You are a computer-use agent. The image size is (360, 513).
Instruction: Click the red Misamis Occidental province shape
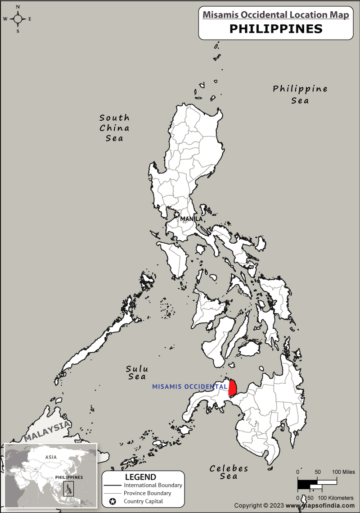pos(233,388)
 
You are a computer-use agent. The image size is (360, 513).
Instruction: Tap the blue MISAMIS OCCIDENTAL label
pos(189,387)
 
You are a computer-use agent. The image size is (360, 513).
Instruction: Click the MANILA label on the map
pos(191,219)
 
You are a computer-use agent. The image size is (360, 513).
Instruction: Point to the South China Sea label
pos(114,128)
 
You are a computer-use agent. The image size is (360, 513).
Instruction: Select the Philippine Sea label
pos(300,94)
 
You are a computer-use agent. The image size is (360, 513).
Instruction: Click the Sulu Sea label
pos(137,372)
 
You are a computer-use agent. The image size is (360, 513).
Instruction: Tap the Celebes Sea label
pos(229,472)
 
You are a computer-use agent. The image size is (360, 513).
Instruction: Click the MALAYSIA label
pos(47,431)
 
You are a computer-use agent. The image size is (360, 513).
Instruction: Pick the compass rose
pos(18,19)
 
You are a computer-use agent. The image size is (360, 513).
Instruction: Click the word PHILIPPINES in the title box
pos(276,29)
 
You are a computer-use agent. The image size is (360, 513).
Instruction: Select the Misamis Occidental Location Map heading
pos(275,15)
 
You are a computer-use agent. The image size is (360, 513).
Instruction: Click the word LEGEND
pos(140,477)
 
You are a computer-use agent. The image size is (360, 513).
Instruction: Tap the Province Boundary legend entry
pos(147,493)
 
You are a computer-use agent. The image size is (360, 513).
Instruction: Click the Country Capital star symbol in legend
pos(112,501)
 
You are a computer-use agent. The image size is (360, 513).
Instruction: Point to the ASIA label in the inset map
pos(51,457)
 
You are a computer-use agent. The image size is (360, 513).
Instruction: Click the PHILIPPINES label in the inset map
pos(69,477)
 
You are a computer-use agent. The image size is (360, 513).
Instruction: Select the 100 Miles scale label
pos(343,472)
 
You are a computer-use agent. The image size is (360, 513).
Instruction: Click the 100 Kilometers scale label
pos(336,498)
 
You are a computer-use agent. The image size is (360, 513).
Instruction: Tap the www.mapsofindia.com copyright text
pos(322,506)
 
